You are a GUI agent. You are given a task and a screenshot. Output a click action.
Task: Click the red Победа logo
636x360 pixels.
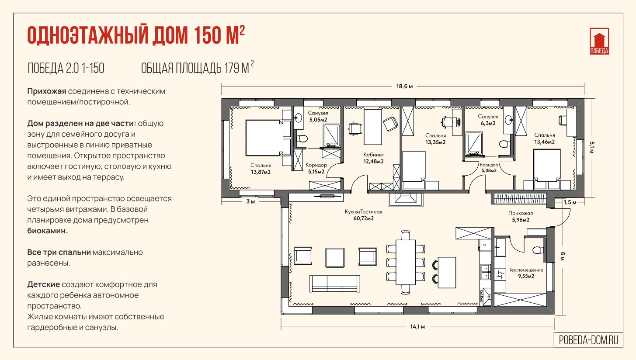click(599, 41)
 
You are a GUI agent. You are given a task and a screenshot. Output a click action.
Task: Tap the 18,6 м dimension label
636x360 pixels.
click(405, 86)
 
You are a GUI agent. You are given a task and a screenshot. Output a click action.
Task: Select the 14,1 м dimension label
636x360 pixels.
click(417, 327)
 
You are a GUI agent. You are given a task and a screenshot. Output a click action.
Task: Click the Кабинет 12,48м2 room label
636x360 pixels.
click(374, 158)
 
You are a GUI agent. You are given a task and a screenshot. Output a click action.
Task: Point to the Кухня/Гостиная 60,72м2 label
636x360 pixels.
click(363, 215)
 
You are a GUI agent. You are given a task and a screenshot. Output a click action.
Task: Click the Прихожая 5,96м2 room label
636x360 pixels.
click(521, 216)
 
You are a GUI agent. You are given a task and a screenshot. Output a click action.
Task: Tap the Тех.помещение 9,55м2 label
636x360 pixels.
click(526, 273)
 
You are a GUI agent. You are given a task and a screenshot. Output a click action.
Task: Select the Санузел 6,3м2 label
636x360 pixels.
click(488, 120)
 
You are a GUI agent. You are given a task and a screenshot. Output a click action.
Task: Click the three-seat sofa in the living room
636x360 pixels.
click(334, 284)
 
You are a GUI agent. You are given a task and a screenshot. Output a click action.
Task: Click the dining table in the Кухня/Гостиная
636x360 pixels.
click(406, 262)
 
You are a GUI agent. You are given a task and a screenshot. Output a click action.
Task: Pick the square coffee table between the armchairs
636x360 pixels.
click(335, 258)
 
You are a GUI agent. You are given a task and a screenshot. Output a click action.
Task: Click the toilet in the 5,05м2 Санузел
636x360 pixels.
click(302, 139)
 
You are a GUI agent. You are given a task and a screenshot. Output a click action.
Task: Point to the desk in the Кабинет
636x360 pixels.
click(373, 127)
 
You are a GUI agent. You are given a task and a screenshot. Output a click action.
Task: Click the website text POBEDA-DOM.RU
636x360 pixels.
click(588, 340)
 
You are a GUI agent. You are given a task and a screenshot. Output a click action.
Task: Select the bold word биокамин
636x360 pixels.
click(47, 231)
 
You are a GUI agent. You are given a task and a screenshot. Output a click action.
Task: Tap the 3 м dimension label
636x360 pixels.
click(250, 201)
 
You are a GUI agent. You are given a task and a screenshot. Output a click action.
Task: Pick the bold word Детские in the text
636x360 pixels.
click(43, 284)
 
